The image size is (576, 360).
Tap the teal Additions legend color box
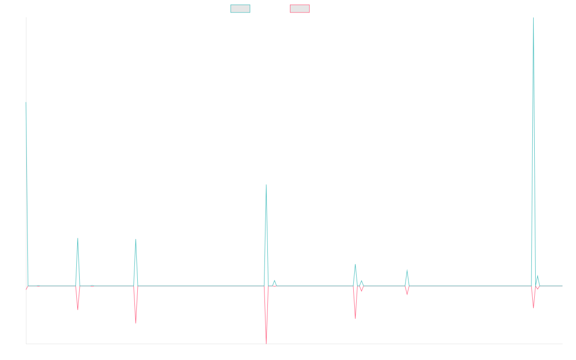coord(240,9)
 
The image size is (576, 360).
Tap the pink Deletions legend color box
coord(300,9)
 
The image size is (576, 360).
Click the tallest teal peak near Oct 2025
coord(533,18)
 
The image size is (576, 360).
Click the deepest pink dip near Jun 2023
coord(266,343)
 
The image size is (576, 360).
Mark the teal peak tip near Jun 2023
coord(266,185)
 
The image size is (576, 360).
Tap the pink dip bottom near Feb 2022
coord(136,323)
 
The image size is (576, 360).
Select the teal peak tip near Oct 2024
coord(407,269)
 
